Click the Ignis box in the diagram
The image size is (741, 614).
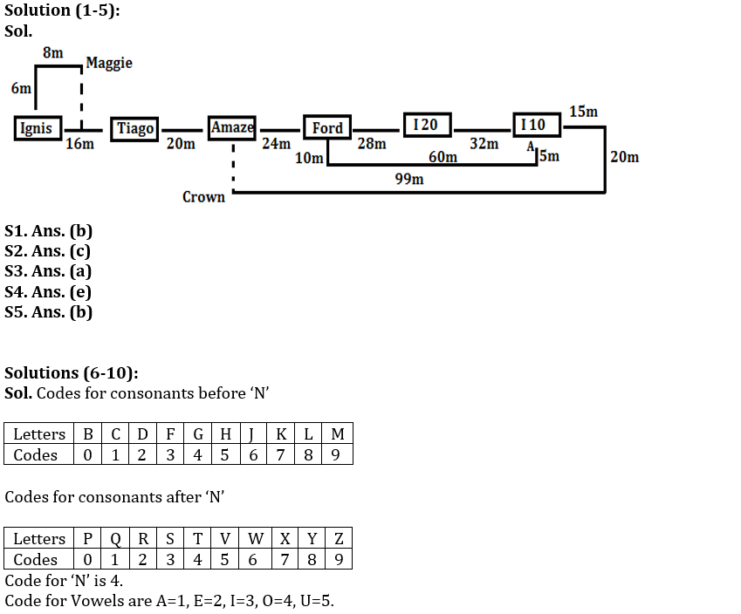point(36,128)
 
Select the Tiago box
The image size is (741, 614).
point(135,128)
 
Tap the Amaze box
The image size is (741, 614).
point(232,127)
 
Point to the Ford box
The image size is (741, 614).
point(327,128)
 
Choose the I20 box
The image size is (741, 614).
point(426,125)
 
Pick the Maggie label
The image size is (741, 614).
point(109,63)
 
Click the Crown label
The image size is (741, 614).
point(203,197)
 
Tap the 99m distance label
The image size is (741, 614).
point(409,179)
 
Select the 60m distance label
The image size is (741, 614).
point(443,157)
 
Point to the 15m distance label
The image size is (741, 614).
point(584,112)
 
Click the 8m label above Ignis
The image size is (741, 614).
point(52,53)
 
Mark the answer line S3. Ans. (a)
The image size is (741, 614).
point(48,271)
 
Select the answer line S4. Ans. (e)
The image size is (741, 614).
point(48,291)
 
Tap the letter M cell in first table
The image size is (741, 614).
point(338,433)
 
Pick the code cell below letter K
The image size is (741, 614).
point(281,454)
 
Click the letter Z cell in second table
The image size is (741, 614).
point(340,538)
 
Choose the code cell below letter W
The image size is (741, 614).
point(253,559)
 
